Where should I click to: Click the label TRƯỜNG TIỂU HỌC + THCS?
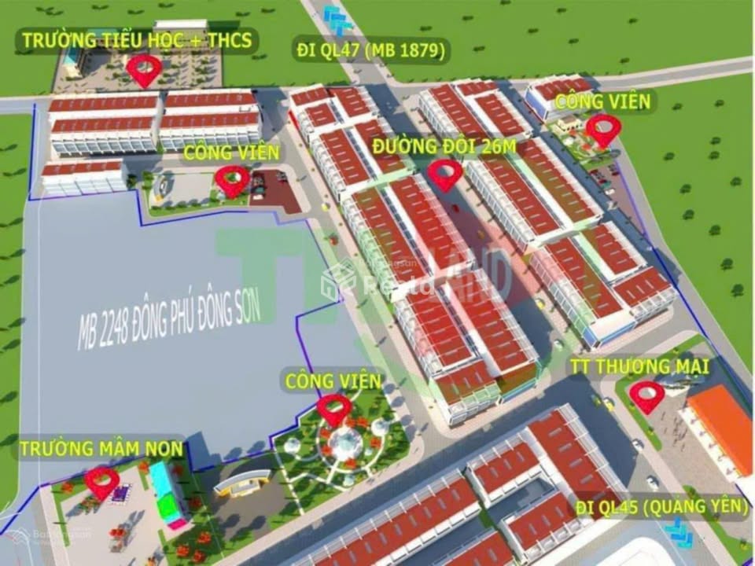[x=138, y=41]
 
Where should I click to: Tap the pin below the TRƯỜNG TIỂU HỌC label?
[x=144, y=69]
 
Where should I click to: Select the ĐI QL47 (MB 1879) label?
[x=372, y=51]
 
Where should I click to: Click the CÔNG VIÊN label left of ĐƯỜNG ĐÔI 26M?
[x=230, y=153]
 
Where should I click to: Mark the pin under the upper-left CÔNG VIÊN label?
[x=232, y=179]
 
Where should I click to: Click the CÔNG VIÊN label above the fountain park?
[x=333, y=381]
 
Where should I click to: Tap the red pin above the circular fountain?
[x=334, y=408]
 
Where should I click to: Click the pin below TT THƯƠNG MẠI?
[x=647, y=395]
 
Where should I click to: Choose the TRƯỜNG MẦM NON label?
[x=101, y=449]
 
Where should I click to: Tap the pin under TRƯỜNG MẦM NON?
[x=102, y=481]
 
